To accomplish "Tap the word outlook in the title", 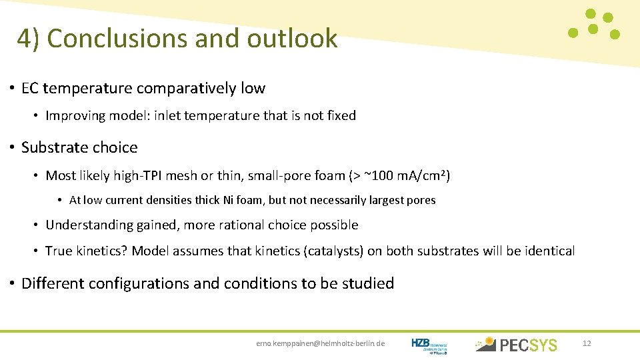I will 293,39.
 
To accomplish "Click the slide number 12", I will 587,343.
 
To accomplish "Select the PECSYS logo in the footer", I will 516,344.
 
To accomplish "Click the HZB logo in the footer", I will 429,344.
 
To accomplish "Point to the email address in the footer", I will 320,344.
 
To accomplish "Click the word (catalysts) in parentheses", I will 333,251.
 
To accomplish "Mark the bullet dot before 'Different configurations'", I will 12,283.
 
